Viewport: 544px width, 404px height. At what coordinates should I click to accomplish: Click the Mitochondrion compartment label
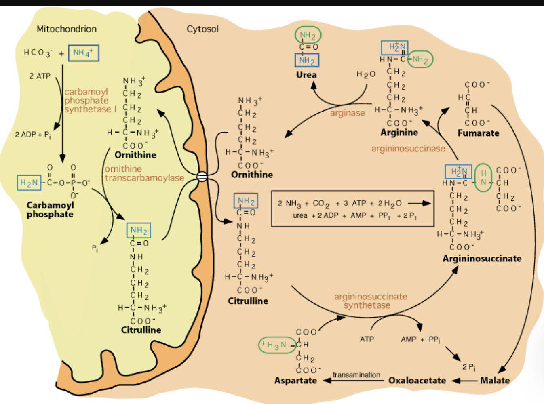coord(67,29)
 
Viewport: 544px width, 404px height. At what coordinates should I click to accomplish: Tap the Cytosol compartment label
coord(202,29)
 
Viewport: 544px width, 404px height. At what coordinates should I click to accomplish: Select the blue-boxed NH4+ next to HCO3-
coord(83,53)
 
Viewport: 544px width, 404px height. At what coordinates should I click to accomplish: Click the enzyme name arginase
coord(347,113)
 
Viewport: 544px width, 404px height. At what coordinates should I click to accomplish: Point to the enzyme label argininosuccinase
coord(408,149)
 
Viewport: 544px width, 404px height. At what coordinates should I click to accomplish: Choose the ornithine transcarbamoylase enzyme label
coord(144,173)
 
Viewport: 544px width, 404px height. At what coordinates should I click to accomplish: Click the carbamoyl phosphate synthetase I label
coord(90,101)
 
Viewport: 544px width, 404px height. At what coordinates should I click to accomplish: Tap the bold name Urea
coord(306,75)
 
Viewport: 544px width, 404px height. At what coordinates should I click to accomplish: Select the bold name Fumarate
coord(478,133)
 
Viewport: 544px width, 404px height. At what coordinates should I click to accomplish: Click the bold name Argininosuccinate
coord(482,259)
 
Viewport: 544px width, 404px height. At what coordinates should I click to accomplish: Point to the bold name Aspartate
coord(295,381)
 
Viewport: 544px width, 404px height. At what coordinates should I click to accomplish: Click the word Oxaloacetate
coord(417,381)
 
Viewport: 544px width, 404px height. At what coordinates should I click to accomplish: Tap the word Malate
coord(495,381)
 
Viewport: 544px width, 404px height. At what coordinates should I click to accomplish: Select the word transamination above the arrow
coord(356,375)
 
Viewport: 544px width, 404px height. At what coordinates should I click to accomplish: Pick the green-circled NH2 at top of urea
coord(308,35)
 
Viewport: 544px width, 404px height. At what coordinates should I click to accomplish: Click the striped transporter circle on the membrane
coord(202,177)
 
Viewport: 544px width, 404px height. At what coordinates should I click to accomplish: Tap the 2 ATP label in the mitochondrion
coord(40,76)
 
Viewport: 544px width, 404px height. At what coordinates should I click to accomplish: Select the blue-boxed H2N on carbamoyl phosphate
coord(29,183)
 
